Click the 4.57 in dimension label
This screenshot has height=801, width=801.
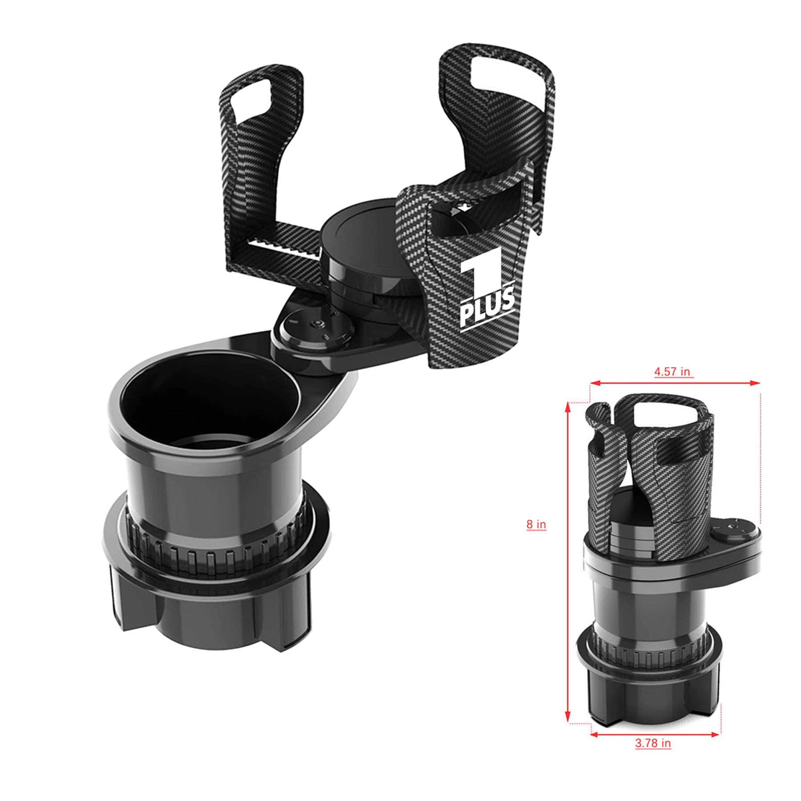[x=672, y=372]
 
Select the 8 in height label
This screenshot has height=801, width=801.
[x=536, y=524]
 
